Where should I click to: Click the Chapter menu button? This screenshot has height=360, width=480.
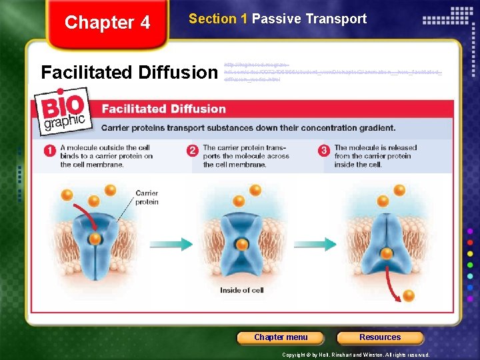coord(281,337)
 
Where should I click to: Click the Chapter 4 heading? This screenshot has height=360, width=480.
coord(107,23)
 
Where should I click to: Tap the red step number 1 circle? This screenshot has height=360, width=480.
coord(49,151)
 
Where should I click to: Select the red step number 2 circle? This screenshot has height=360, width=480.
coord(192,151)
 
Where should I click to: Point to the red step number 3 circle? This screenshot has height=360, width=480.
coord(324,151)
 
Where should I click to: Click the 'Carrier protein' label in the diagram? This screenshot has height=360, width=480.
coord(147,197)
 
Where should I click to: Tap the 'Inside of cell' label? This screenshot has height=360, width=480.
coord(241,290)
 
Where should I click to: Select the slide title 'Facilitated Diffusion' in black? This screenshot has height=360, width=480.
coord(129,71)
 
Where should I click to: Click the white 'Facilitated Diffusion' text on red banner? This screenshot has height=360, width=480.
coord(163,109)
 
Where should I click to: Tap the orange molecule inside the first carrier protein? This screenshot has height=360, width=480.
coord(96,238)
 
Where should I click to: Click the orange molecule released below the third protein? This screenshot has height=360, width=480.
coord(409,295)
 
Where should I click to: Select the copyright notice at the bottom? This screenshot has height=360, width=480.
coord(356,355)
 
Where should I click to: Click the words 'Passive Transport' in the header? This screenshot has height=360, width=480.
coord(309,19)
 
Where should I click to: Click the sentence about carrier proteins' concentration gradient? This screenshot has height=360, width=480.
coord(248,127)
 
